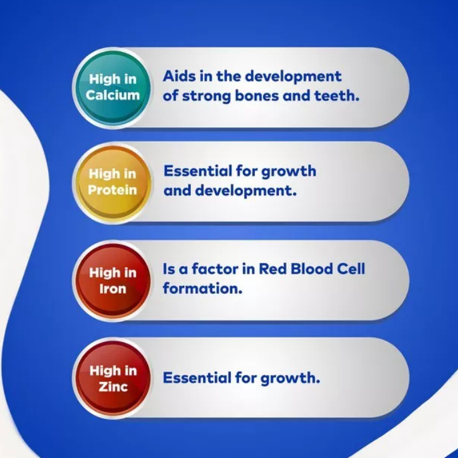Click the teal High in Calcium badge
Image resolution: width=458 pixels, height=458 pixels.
(x=113, y=87)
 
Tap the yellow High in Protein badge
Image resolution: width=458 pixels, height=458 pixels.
(x=113, y=182)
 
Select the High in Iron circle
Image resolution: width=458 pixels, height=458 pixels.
(x=113, y=281)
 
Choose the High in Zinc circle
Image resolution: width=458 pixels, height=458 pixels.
(x=113, y=379)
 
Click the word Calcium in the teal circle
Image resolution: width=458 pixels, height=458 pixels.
(x=113, y=96)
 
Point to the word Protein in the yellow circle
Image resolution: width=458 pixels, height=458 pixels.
(x=113, y=190)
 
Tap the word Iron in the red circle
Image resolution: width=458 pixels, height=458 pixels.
(x=113, y=289)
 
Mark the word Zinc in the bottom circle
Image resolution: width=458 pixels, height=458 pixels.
(x=113, y=387)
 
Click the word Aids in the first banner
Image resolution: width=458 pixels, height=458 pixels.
(x=179, y=76)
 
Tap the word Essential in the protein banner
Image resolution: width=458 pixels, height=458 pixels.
(x=198, y=171)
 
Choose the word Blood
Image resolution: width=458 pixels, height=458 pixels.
(x=312, y=269)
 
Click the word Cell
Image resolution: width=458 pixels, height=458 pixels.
(x=351, y=269)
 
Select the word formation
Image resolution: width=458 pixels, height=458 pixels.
(x=202, y=288)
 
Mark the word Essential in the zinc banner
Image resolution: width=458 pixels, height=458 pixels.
(x=197, y=378)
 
